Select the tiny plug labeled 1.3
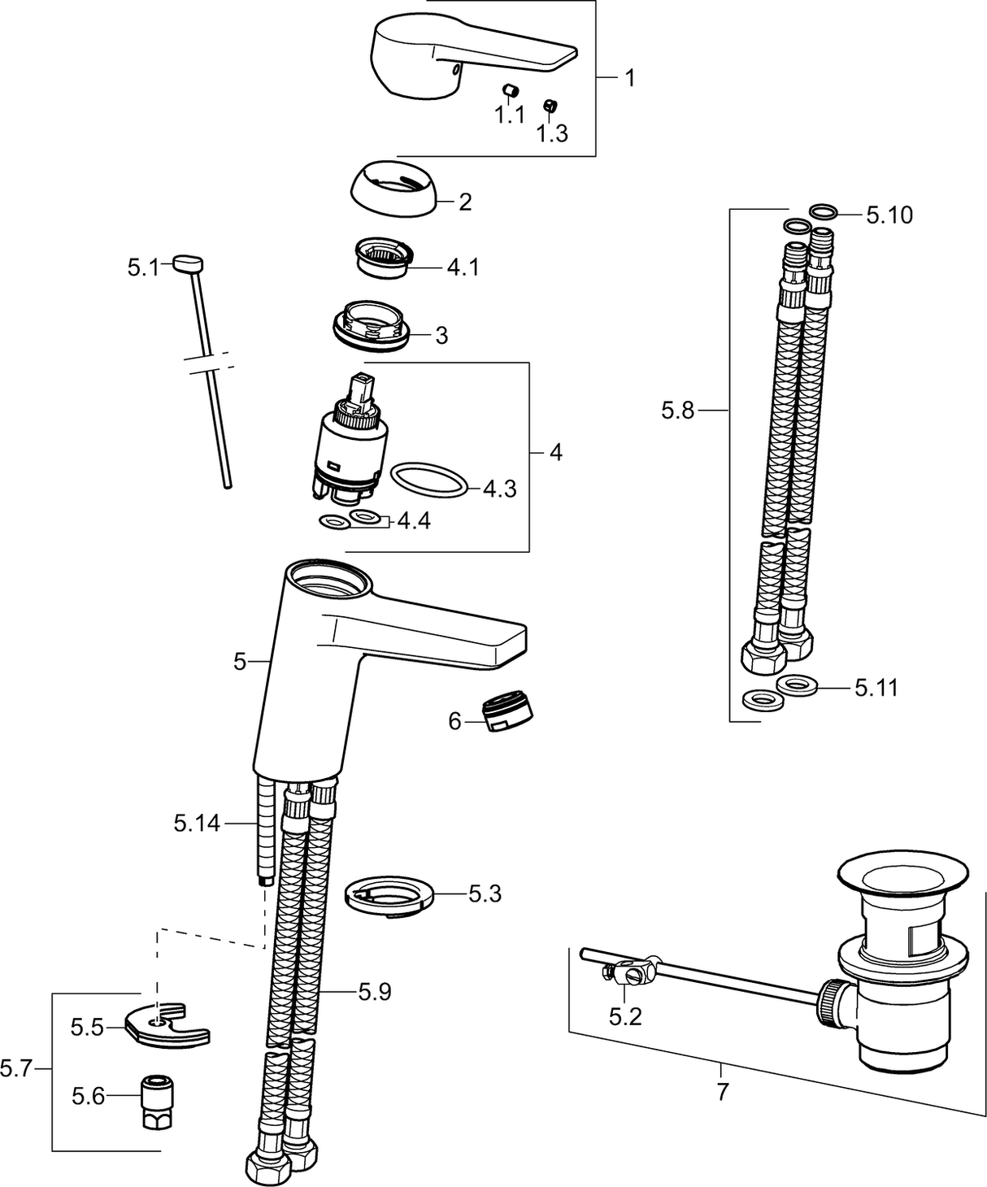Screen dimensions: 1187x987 coord(550,104)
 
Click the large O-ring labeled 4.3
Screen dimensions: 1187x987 coord(429,480)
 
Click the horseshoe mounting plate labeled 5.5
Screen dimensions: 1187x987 coord(168,1024)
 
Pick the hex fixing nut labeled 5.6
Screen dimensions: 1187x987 coord(155,1101)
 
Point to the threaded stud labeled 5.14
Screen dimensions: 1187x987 coord(263,829)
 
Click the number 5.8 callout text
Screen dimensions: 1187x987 coord(677,411)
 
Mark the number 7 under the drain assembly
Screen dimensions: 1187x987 coord(723,1091)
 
